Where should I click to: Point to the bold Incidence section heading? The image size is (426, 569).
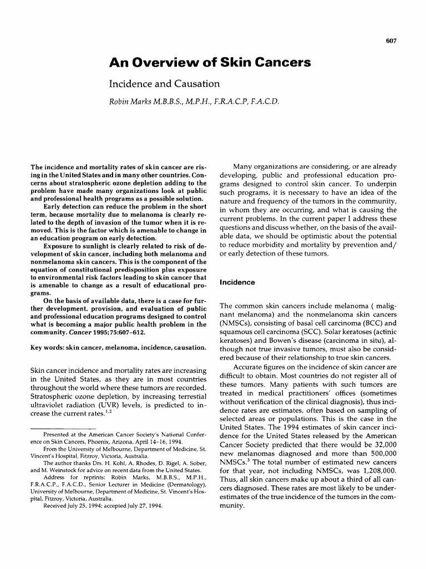[x=237, y=282]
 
